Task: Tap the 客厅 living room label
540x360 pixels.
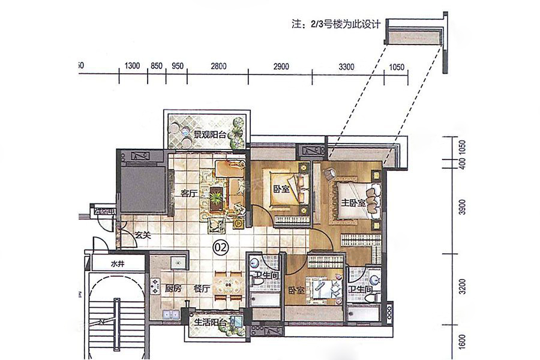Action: point(189,193)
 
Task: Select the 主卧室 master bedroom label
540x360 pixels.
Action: point(354,203)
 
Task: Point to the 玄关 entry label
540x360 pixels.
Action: point(142,235)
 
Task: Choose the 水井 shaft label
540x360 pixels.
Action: point(117,263)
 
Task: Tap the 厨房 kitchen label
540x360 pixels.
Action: point(175,287)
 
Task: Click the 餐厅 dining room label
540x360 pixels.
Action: point(201,287)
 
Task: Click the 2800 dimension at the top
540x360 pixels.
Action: point(219,66)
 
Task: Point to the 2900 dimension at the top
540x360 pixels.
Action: point(281,66)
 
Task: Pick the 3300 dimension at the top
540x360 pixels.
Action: point(346,66)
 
